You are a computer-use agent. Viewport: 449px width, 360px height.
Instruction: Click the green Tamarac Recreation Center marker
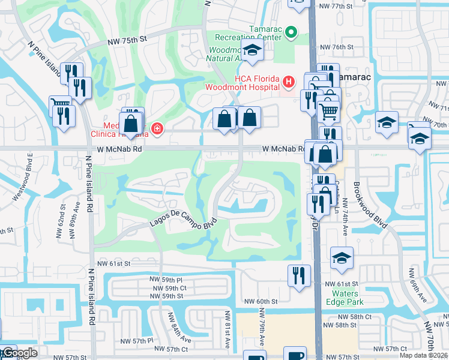(x=291, y=32)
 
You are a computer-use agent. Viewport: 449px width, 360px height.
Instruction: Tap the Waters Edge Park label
(x=342, y=298)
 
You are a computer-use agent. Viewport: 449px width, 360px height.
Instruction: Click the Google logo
(x=19, y=353)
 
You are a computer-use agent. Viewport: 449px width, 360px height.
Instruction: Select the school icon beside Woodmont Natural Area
(x=253, y=52)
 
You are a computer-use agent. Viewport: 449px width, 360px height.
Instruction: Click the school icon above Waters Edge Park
(x=342, y=258)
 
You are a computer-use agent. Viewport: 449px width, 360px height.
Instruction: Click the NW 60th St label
(x=261, y=301)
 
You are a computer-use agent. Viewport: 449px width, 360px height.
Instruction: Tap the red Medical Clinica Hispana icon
(x=157, y=128)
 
